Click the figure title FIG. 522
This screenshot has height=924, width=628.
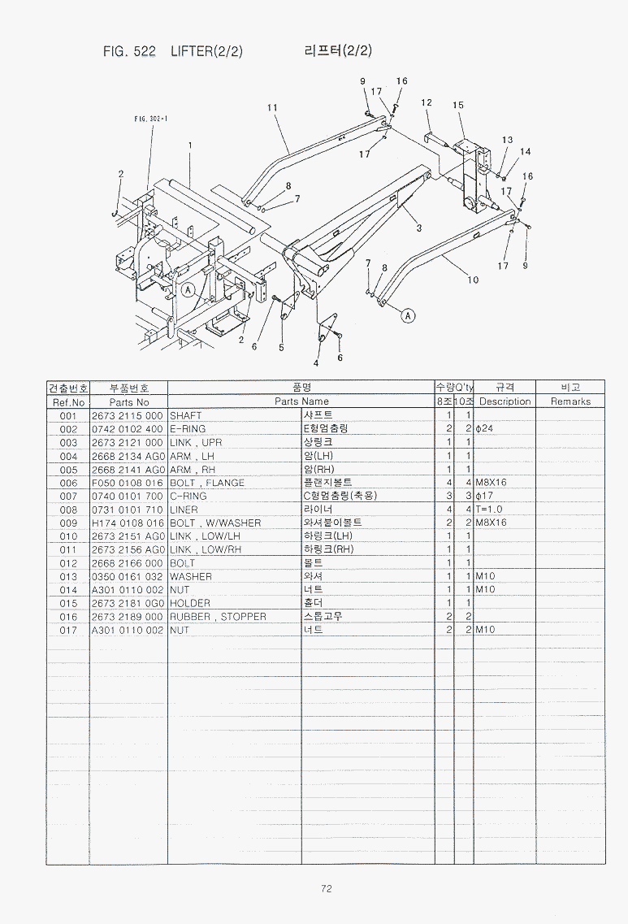[129, 52]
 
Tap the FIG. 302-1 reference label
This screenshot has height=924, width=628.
[150, 119]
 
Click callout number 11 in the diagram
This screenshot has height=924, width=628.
[272, 107]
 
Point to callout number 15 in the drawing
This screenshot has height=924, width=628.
[458, 105]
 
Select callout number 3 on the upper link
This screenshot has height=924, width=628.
[418, 228]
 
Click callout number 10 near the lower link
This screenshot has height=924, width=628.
[473, 280]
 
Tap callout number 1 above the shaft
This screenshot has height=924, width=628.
[189, 146]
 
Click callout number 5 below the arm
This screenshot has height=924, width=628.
[281, 348]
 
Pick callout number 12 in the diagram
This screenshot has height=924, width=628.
[427, 102]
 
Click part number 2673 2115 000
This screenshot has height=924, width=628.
[128, 415]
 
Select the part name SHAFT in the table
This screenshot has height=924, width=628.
[186, 415]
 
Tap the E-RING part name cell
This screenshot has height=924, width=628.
[188, 429]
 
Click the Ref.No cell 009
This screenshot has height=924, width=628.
[68, 523]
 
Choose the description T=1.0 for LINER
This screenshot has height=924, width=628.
[490, 510]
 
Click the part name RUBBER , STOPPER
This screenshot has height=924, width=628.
[218, 617]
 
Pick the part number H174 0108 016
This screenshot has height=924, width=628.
[128, 523]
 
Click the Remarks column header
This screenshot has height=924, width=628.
[570, 401]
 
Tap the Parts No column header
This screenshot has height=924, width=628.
[129, 401]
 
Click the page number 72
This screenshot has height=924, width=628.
[326, 889]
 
